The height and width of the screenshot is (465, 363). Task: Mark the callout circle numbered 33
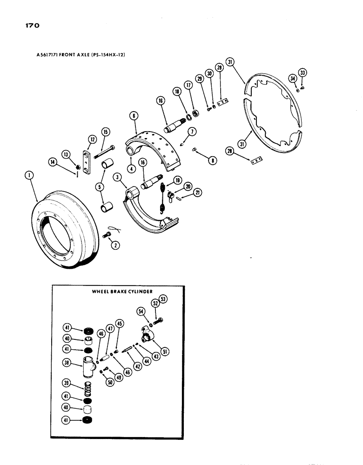[x=303, y=73]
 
